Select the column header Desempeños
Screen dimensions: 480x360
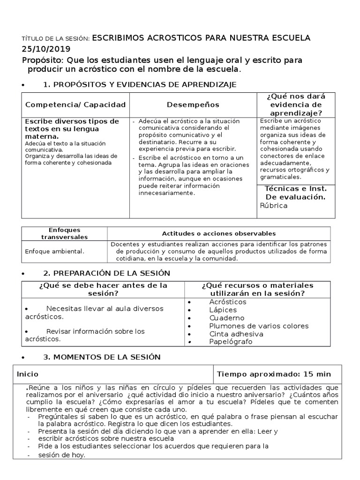click(193, 105)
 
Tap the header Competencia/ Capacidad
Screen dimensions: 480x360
click(75, 105)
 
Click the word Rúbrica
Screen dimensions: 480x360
click(274, 205)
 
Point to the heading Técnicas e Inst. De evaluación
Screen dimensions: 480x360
click(295, 193)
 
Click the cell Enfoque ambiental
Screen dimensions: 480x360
click(54, 251)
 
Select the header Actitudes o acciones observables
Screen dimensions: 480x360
click(218, 233)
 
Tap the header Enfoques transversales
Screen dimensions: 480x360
click(65, 233)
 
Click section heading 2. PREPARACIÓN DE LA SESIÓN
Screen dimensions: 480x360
click(106, 273)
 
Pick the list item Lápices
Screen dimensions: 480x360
click(223, 310)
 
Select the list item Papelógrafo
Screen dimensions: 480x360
click(231, 342)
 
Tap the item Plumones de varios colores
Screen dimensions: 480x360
click(259, 326)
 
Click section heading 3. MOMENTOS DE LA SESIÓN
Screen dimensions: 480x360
click(102, 357)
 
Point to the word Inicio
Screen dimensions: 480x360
click(28, 374)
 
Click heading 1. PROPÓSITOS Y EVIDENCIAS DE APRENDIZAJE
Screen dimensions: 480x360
click(140, 84)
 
